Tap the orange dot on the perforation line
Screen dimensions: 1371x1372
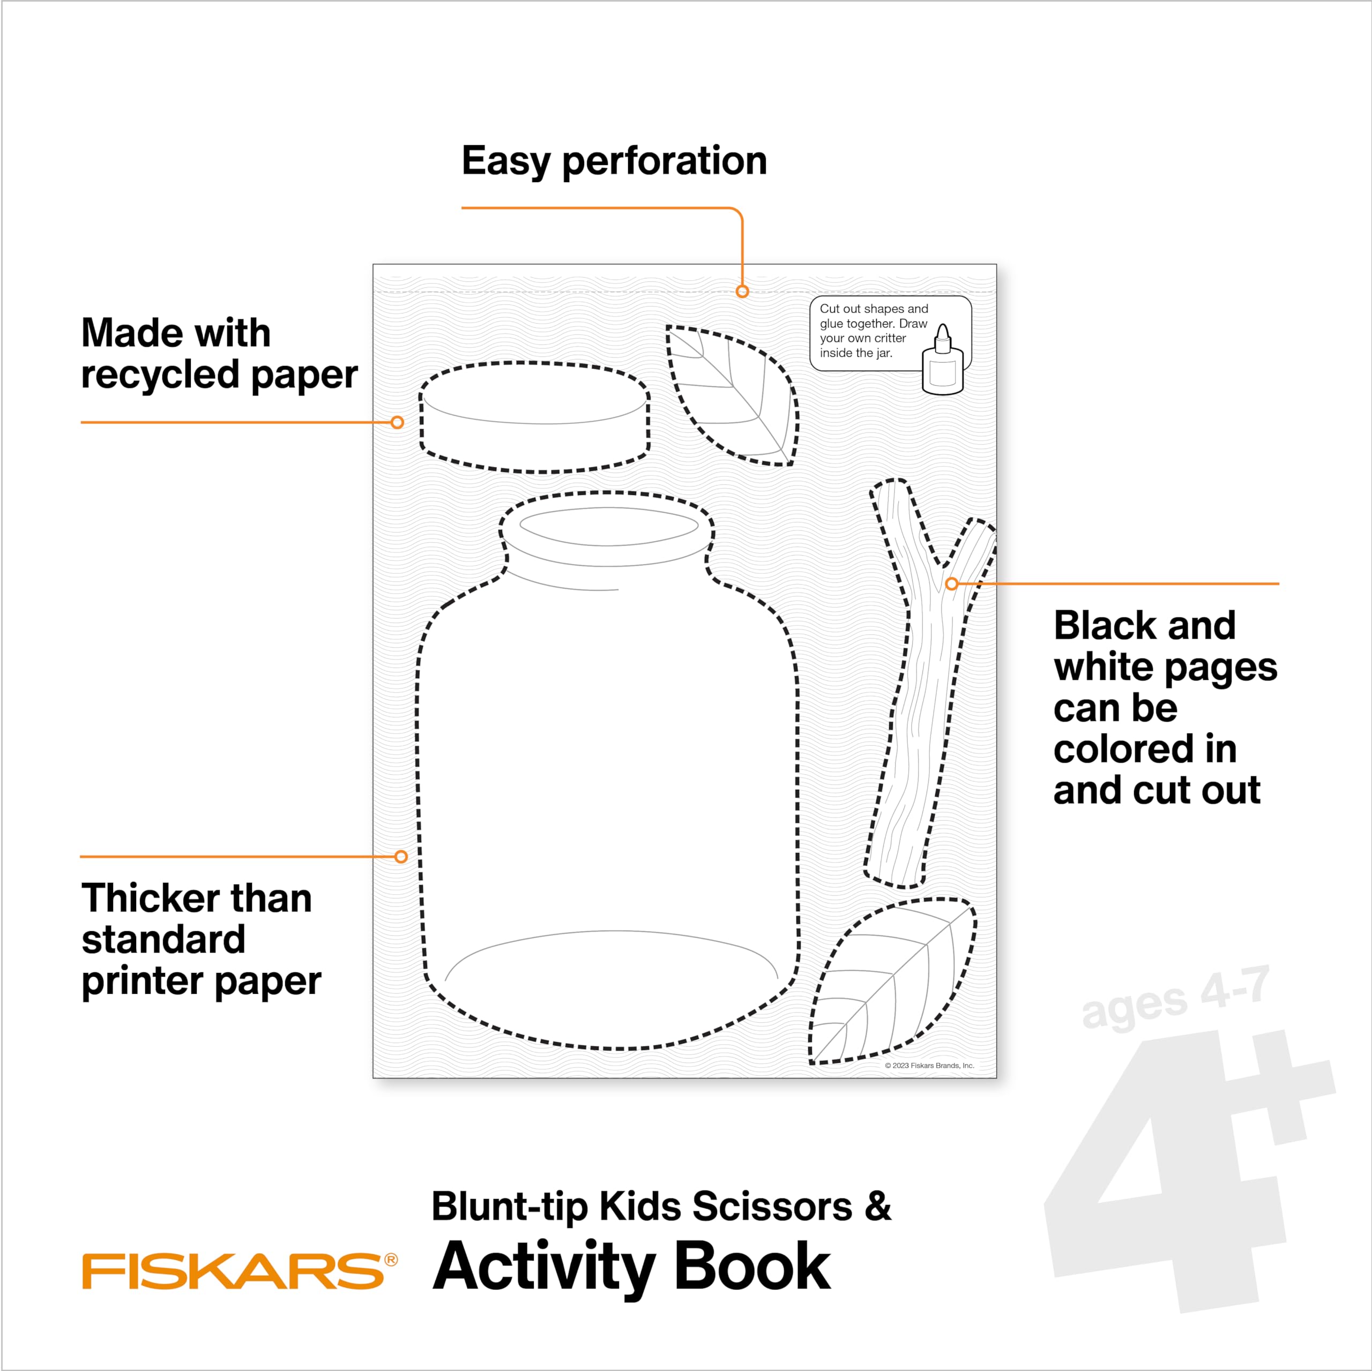tap(742, 291)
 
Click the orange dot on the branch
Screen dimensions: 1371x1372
tap(952, 583)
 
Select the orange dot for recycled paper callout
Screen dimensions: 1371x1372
tap(398, 423)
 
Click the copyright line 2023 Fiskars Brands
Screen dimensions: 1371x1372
tap(929, 1066)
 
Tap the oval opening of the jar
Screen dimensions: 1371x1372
tap(609, 526)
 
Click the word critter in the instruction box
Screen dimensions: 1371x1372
tap(886, 338)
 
